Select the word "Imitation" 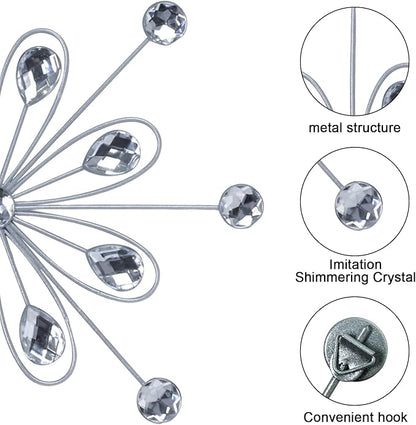tap(355, 264)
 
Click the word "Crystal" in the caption tap(393, 277)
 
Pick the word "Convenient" tap(337, 417)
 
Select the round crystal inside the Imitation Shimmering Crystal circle tap(359, 205)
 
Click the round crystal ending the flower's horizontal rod tap(241, 205)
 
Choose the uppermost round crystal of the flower tap(165, 23)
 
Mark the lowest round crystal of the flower tap(159, 400)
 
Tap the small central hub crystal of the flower tap(5, 206)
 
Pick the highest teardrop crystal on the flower tap(38, 75)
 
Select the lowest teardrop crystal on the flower tap(42, 335)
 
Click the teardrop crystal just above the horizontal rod tap(112, 153)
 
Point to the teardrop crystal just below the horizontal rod tap(115, 267)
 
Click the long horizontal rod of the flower tap(117, 207)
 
